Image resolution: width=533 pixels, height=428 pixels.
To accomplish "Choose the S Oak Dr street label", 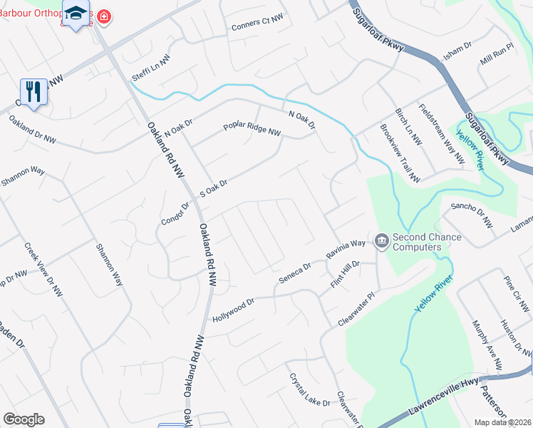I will [x=213, y=188].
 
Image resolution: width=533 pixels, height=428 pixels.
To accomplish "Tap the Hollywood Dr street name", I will [x=233, y=309].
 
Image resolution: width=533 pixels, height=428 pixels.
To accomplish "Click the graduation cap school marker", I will [x=76, y=14].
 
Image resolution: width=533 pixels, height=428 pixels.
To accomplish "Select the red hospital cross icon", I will [x=104, y=16].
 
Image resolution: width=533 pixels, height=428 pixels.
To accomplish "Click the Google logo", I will [x=24, y=419].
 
